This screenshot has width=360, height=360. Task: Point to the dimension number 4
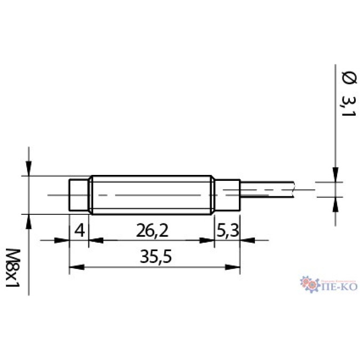click(79, 231)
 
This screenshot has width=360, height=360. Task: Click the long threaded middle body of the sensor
click(152, 195)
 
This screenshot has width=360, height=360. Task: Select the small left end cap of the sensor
click(79, 195)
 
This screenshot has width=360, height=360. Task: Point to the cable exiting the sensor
click(267, 190)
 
